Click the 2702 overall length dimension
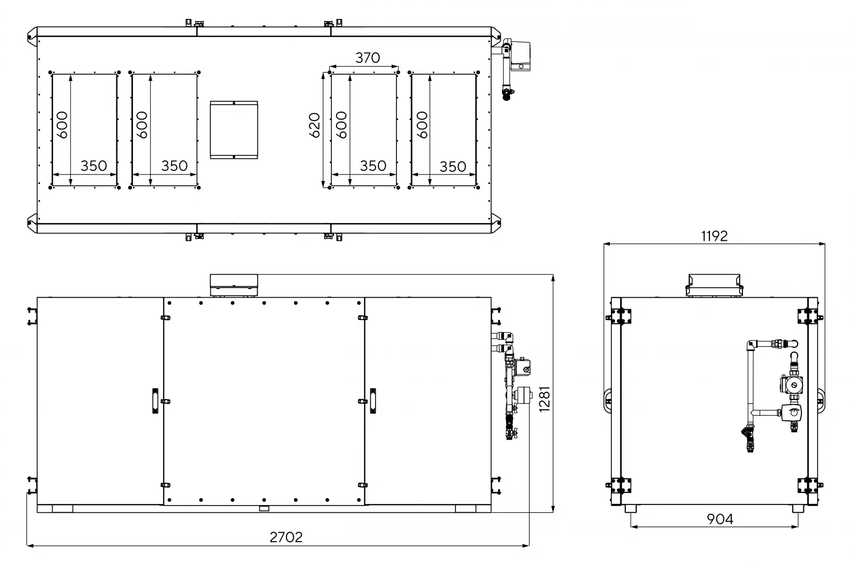pyautogui.click(x=286, y=537)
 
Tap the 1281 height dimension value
pyautogui.click(x=545, y=399)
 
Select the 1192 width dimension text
pyautogui.click(x=714, y=236)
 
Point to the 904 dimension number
pyautogui.click(x=720, y=519)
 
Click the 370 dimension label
pyautogui.click(x=367, y=57)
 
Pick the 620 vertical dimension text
pyautogui.click(x=315, y=125)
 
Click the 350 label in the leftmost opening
pyautogui.click(x=94, y=166)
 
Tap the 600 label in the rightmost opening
pyautogui.click(x=422, y=125)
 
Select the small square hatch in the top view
pyautogui.click(x=234, y=130)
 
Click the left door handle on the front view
pyautogui.click(x=155, y=401)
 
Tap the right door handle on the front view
pyautogui.click(x=373, y=401)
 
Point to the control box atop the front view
pyautogui.click(x=234, y=286)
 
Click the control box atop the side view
pyautogui.click(x=714, y=285)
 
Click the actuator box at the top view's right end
pyautogui.click(x=521, y=56)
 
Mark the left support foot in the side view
pyautogui.click(x=631, y=509)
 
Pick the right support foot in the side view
pyautogui.click(x=798, y=509)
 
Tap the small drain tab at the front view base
pyautogui.click(x=264, y=508)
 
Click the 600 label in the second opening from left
pyautogui.click(x=142, y=125)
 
